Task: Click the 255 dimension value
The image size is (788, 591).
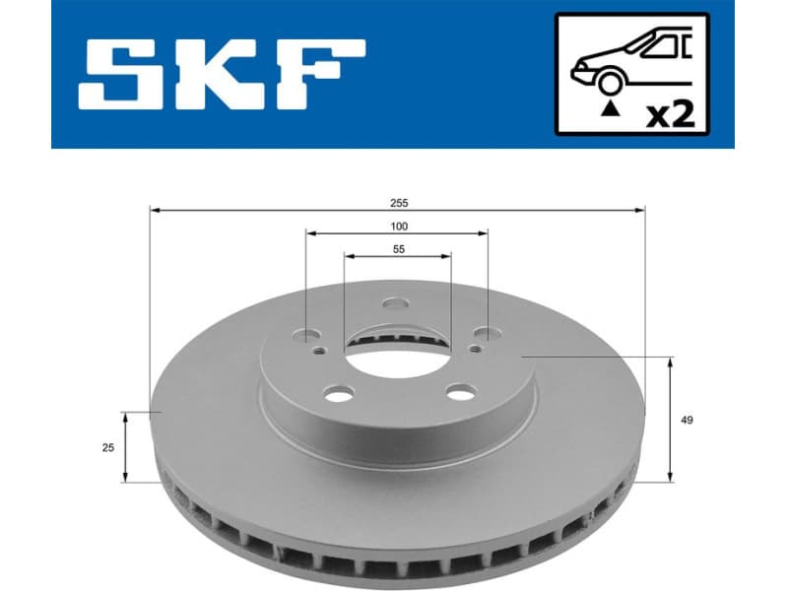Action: tap(398, 202)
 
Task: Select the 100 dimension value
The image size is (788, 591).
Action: tap(398, 227)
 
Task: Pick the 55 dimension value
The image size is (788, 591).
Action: tap(398, 250)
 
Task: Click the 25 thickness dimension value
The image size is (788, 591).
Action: tap(108, 447)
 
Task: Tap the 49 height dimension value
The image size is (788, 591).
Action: tap(687, 421)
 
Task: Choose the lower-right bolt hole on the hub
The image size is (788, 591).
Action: tap(459, 393)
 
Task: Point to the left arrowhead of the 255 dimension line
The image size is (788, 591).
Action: tap(154, 210)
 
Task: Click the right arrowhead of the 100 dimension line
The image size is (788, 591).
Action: tap(484, 233)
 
